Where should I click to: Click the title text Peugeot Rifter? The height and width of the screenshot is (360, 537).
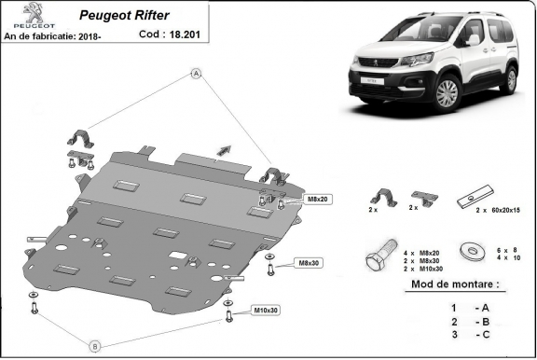(x=116, y=15)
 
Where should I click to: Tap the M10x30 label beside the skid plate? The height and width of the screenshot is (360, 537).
(x=267, y=310)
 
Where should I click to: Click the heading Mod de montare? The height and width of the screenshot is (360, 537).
(x=453, y=284)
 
